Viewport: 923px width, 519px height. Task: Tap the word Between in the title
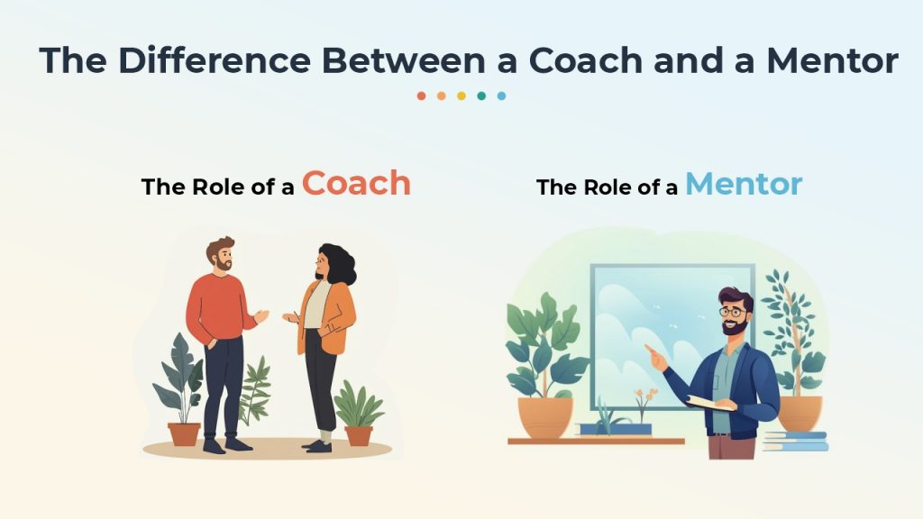pyautogui.click(x=403, y=60)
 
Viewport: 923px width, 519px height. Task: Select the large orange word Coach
pyautogui.click(x=356, y=183)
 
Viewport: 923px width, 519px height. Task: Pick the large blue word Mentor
pyautogui.click(x=744, y=184)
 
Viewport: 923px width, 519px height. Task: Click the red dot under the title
pyautogui.click(x=421, y=96)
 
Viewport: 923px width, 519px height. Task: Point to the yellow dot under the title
pyautogui.click(x=461, y=96)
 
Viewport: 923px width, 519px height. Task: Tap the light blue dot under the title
pyautogui.click(x=501, y=96)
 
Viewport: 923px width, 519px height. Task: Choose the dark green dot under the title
pyautogui.click(x=481, y=96)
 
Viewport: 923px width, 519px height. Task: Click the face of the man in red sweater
pyautogui.click(x=224, y=258)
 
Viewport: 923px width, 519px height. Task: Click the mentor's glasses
pyautogui.click(x=732, y=312)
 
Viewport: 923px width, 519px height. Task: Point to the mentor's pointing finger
pyautogui.click(x=649, y=349)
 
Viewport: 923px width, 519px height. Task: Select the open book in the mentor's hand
pyautogui.click(x=710, y=403)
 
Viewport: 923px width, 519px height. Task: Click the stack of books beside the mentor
pyautogui.click(x=795, y=442)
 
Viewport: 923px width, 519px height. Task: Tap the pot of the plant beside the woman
pyautogui.click(x=359, y=436)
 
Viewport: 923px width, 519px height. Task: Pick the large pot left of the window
pyautogui.click(x=545, y=417)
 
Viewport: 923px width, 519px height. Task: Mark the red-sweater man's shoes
pyautogui.click(x=227, y=444)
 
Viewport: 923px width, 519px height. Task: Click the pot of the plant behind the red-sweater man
pyautogui.click(x=184, y=434)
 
